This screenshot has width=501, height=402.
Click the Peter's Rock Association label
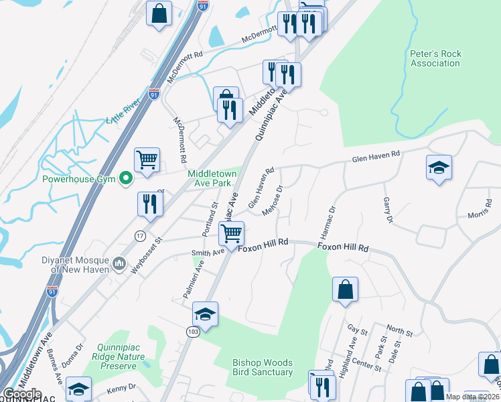point(435,58)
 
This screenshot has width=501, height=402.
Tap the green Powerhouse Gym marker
point(125,179)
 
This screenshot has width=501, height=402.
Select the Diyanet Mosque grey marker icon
point(119,262)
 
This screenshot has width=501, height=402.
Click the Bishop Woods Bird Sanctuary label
point(263,367)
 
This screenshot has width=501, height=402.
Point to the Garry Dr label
point(387,210)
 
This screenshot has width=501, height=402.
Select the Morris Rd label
point(480,213)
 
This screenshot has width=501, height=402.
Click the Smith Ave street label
point(208,253)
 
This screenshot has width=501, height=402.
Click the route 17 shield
point(140,235)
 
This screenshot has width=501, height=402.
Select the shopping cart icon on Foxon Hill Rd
point(231,233)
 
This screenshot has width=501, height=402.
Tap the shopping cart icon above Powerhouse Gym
point(147,159)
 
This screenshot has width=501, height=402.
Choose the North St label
point(399,331)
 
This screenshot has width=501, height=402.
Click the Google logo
point(22,395)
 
